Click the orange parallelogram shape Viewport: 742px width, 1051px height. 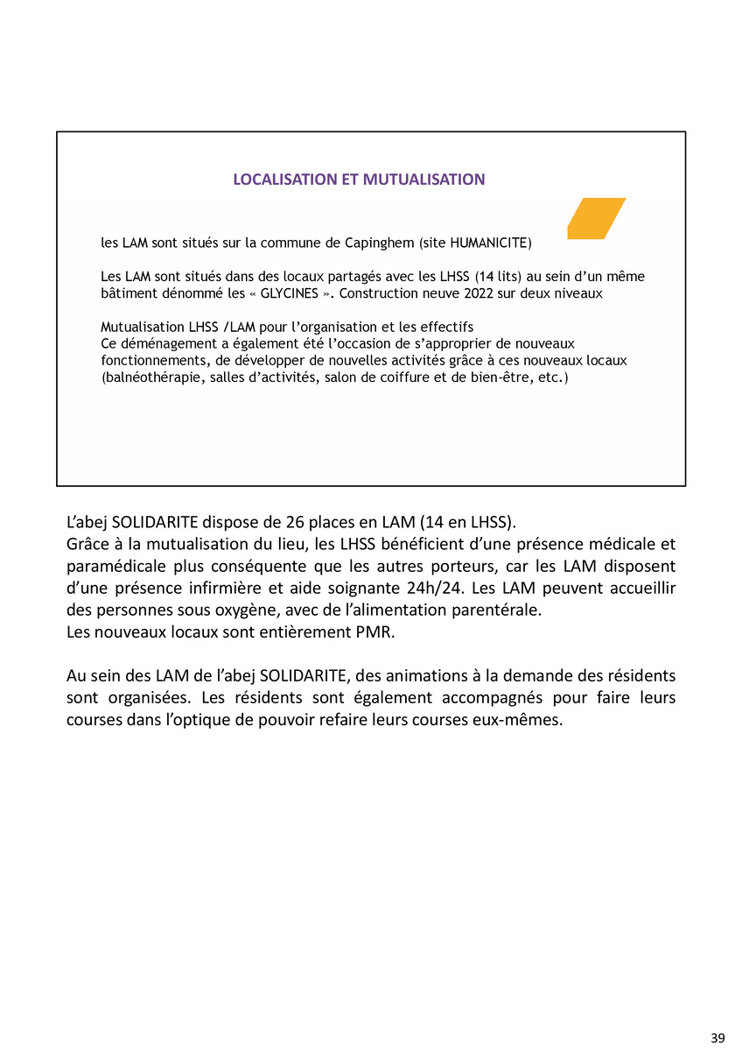click(596, 218)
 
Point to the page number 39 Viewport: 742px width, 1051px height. click(717, 1038)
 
